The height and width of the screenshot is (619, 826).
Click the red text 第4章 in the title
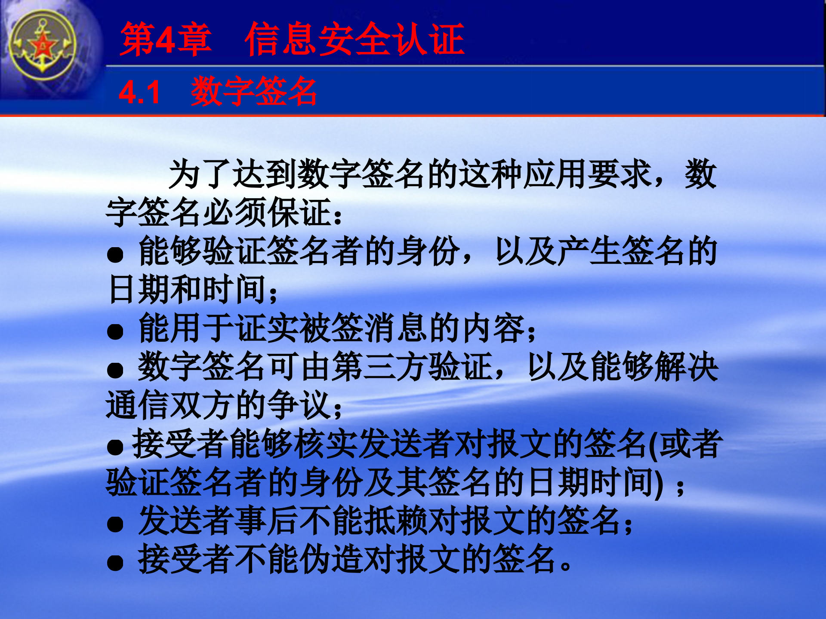[x=166, y=39]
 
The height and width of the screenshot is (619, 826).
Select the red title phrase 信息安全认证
[x=354, y=39]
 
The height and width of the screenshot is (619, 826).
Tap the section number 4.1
[x=139, y=92]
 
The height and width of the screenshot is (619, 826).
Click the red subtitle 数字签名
[x=254, y=91]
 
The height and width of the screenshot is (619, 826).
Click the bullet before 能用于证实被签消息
[x=115, y=331]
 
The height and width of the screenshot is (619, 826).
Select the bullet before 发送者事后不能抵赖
[x=115, y=524]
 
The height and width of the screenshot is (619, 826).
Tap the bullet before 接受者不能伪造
[x=115, y=562]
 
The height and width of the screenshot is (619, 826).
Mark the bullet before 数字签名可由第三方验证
[x=115, y=370]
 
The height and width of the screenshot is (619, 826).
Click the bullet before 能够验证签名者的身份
[x=115, y=254]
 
